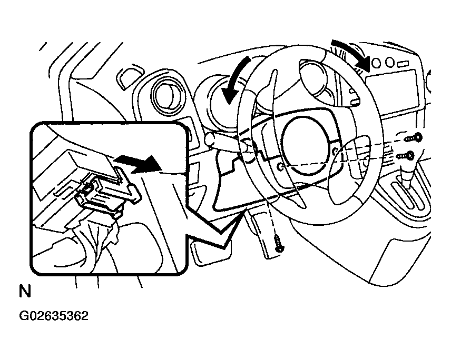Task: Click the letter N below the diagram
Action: tap(25, 291)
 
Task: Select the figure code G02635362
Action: tap(54, 316)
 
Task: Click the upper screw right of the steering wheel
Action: tap(414, 138)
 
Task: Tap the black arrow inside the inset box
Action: tap(138, 164)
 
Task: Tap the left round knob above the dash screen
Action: tap(376, 63)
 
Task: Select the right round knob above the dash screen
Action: tap(389, 62)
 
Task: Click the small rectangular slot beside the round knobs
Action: tap(403, 64)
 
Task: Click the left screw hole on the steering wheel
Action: tap(281, 166)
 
